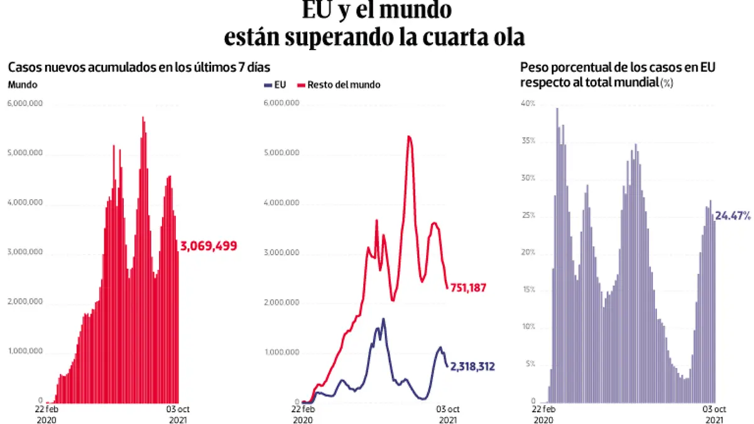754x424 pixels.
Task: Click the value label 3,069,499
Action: pos(209,246)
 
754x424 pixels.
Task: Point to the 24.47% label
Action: pos(733,216)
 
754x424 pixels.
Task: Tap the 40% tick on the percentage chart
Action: pos(528,104)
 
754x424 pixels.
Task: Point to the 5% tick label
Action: pos(530,364)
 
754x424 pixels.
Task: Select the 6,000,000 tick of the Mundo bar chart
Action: pos(25,104)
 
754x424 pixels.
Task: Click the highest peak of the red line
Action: pos(409,136)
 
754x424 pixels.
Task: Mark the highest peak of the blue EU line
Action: pos(383,319)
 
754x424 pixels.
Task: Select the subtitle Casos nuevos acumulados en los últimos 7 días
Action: pos(139,67)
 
